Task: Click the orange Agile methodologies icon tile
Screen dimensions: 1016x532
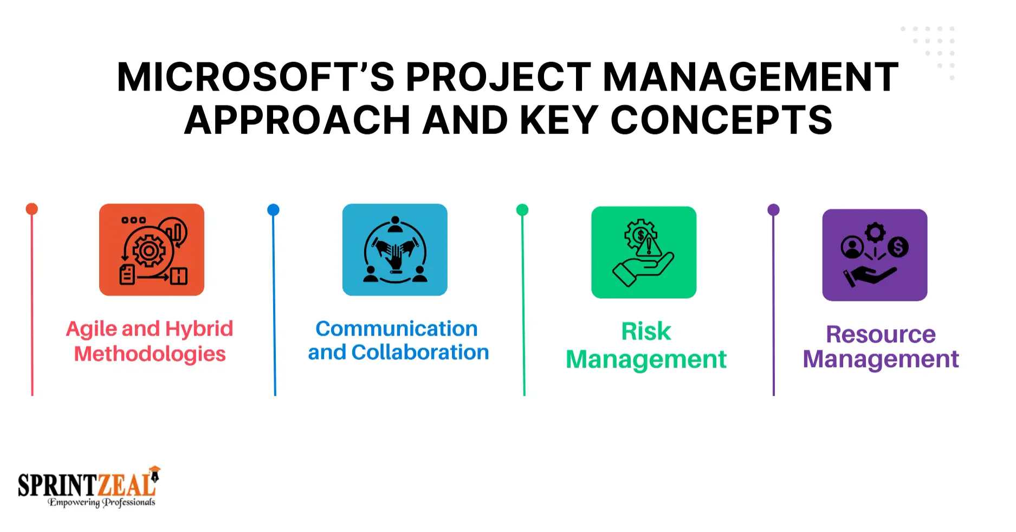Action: (152, 249)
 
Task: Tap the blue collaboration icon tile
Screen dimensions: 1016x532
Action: (395, 249)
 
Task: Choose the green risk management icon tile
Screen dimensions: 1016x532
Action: (644, 252)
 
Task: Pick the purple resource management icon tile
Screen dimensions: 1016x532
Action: (875, 255)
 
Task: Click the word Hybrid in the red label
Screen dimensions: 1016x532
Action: (199, 330)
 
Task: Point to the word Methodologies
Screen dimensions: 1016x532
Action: (150, 354)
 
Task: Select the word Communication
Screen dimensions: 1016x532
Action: (397, 329)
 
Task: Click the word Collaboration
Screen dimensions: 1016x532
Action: (420, 352)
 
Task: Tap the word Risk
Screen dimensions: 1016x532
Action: (646, 331)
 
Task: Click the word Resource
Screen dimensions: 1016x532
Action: (881, 334)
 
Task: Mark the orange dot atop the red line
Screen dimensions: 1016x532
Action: (32, 209)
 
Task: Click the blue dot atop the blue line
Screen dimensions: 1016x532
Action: (274, 210)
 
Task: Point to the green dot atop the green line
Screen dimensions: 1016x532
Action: (522, 210)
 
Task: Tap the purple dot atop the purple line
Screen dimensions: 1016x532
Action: (774, 210)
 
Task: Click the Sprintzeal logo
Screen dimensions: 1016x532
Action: (89, 486)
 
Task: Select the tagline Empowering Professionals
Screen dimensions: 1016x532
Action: (101, 502)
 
